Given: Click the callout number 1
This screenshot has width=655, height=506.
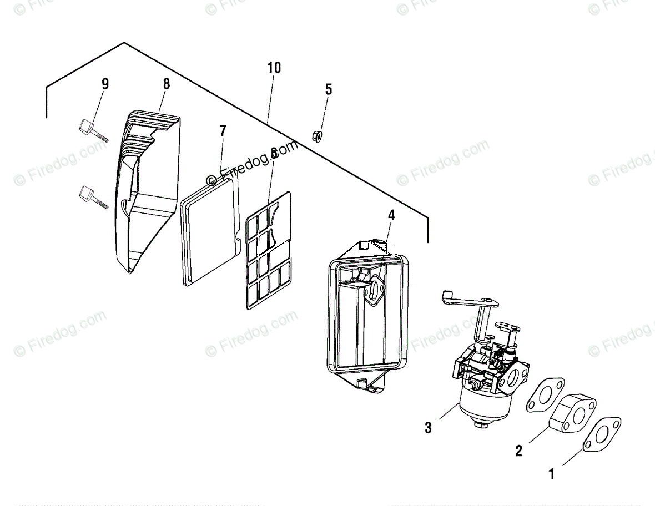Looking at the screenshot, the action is tap(552, 474).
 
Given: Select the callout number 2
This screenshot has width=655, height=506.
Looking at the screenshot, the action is tap(518, 451).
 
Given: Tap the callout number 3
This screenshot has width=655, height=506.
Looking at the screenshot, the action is tap(427, 428).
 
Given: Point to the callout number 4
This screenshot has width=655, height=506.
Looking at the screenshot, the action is tap(391, 215).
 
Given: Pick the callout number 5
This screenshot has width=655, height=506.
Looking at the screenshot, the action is tap(329, 89).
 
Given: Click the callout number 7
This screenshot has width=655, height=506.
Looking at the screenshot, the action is tap(223, 131).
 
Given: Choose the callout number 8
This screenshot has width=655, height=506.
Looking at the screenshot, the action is tap(167, 84).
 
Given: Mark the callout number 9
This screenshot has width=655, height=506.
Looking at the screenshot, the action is tap(105, 84).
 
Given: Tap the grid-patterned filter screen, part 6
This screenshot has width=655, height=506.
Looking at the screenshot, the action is tap(268, 250).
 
